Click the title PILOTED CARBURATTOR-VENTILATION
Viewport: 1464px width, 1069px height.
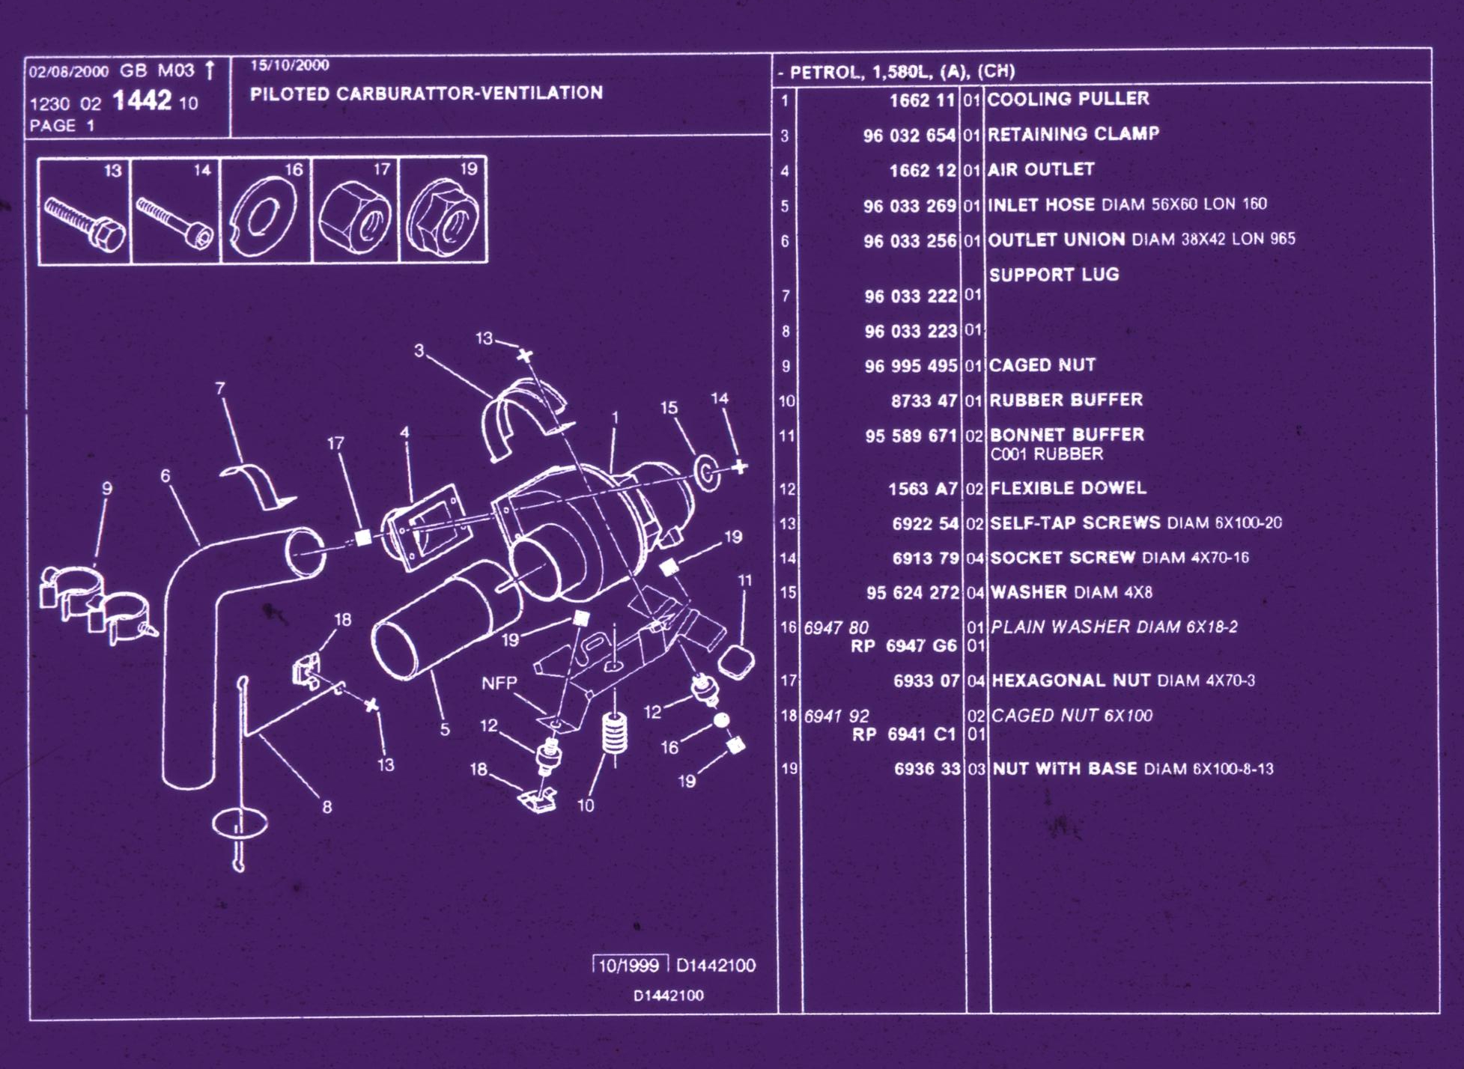(x=426, y=94)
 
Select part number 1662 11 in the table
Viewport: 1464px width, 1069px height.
(x=922, y=100)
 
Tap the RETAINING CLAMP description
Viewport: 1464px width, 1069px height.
(x=1073, y=134)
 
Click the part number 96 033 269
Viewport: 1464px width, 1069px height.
(x=909, y=206)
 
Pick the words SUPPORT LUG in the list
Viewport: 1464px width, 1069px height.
(x=1054, y=275)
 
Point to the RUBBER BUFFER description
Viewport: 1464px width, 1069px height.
(x=1066, y=400)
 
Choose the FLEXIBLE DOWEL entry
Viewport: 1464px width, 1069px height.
(x=1068, y=488)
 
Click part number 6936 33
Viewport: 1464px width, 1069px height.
(x=926, y=769)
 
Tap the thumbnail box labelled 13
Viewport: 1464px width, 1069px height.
(x=84, y=211)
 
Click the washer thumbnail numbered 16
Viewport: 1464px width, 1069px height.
(x=265, y=211)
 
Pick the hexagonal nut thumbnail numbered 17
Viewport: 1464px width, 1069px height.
(x=355, y=211)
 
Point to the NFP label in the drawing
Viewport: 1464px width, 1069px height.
(x=499, y=683)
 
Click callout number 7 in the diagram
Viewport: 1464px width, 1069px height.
(x=219, y=388)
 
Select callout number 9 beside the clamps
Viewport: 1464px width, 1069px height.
(x=107, y=488)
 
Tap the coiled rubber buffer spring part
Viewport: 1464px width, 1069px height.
(x=615, y=734)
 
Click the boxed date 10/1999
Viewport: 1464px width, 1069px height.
(x=629, y=965)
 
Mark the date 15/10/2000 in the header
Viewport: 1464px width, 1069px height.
(x=289, y=65)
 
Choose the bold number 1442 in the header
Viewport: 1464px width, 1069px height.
(x=142, y=100)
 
